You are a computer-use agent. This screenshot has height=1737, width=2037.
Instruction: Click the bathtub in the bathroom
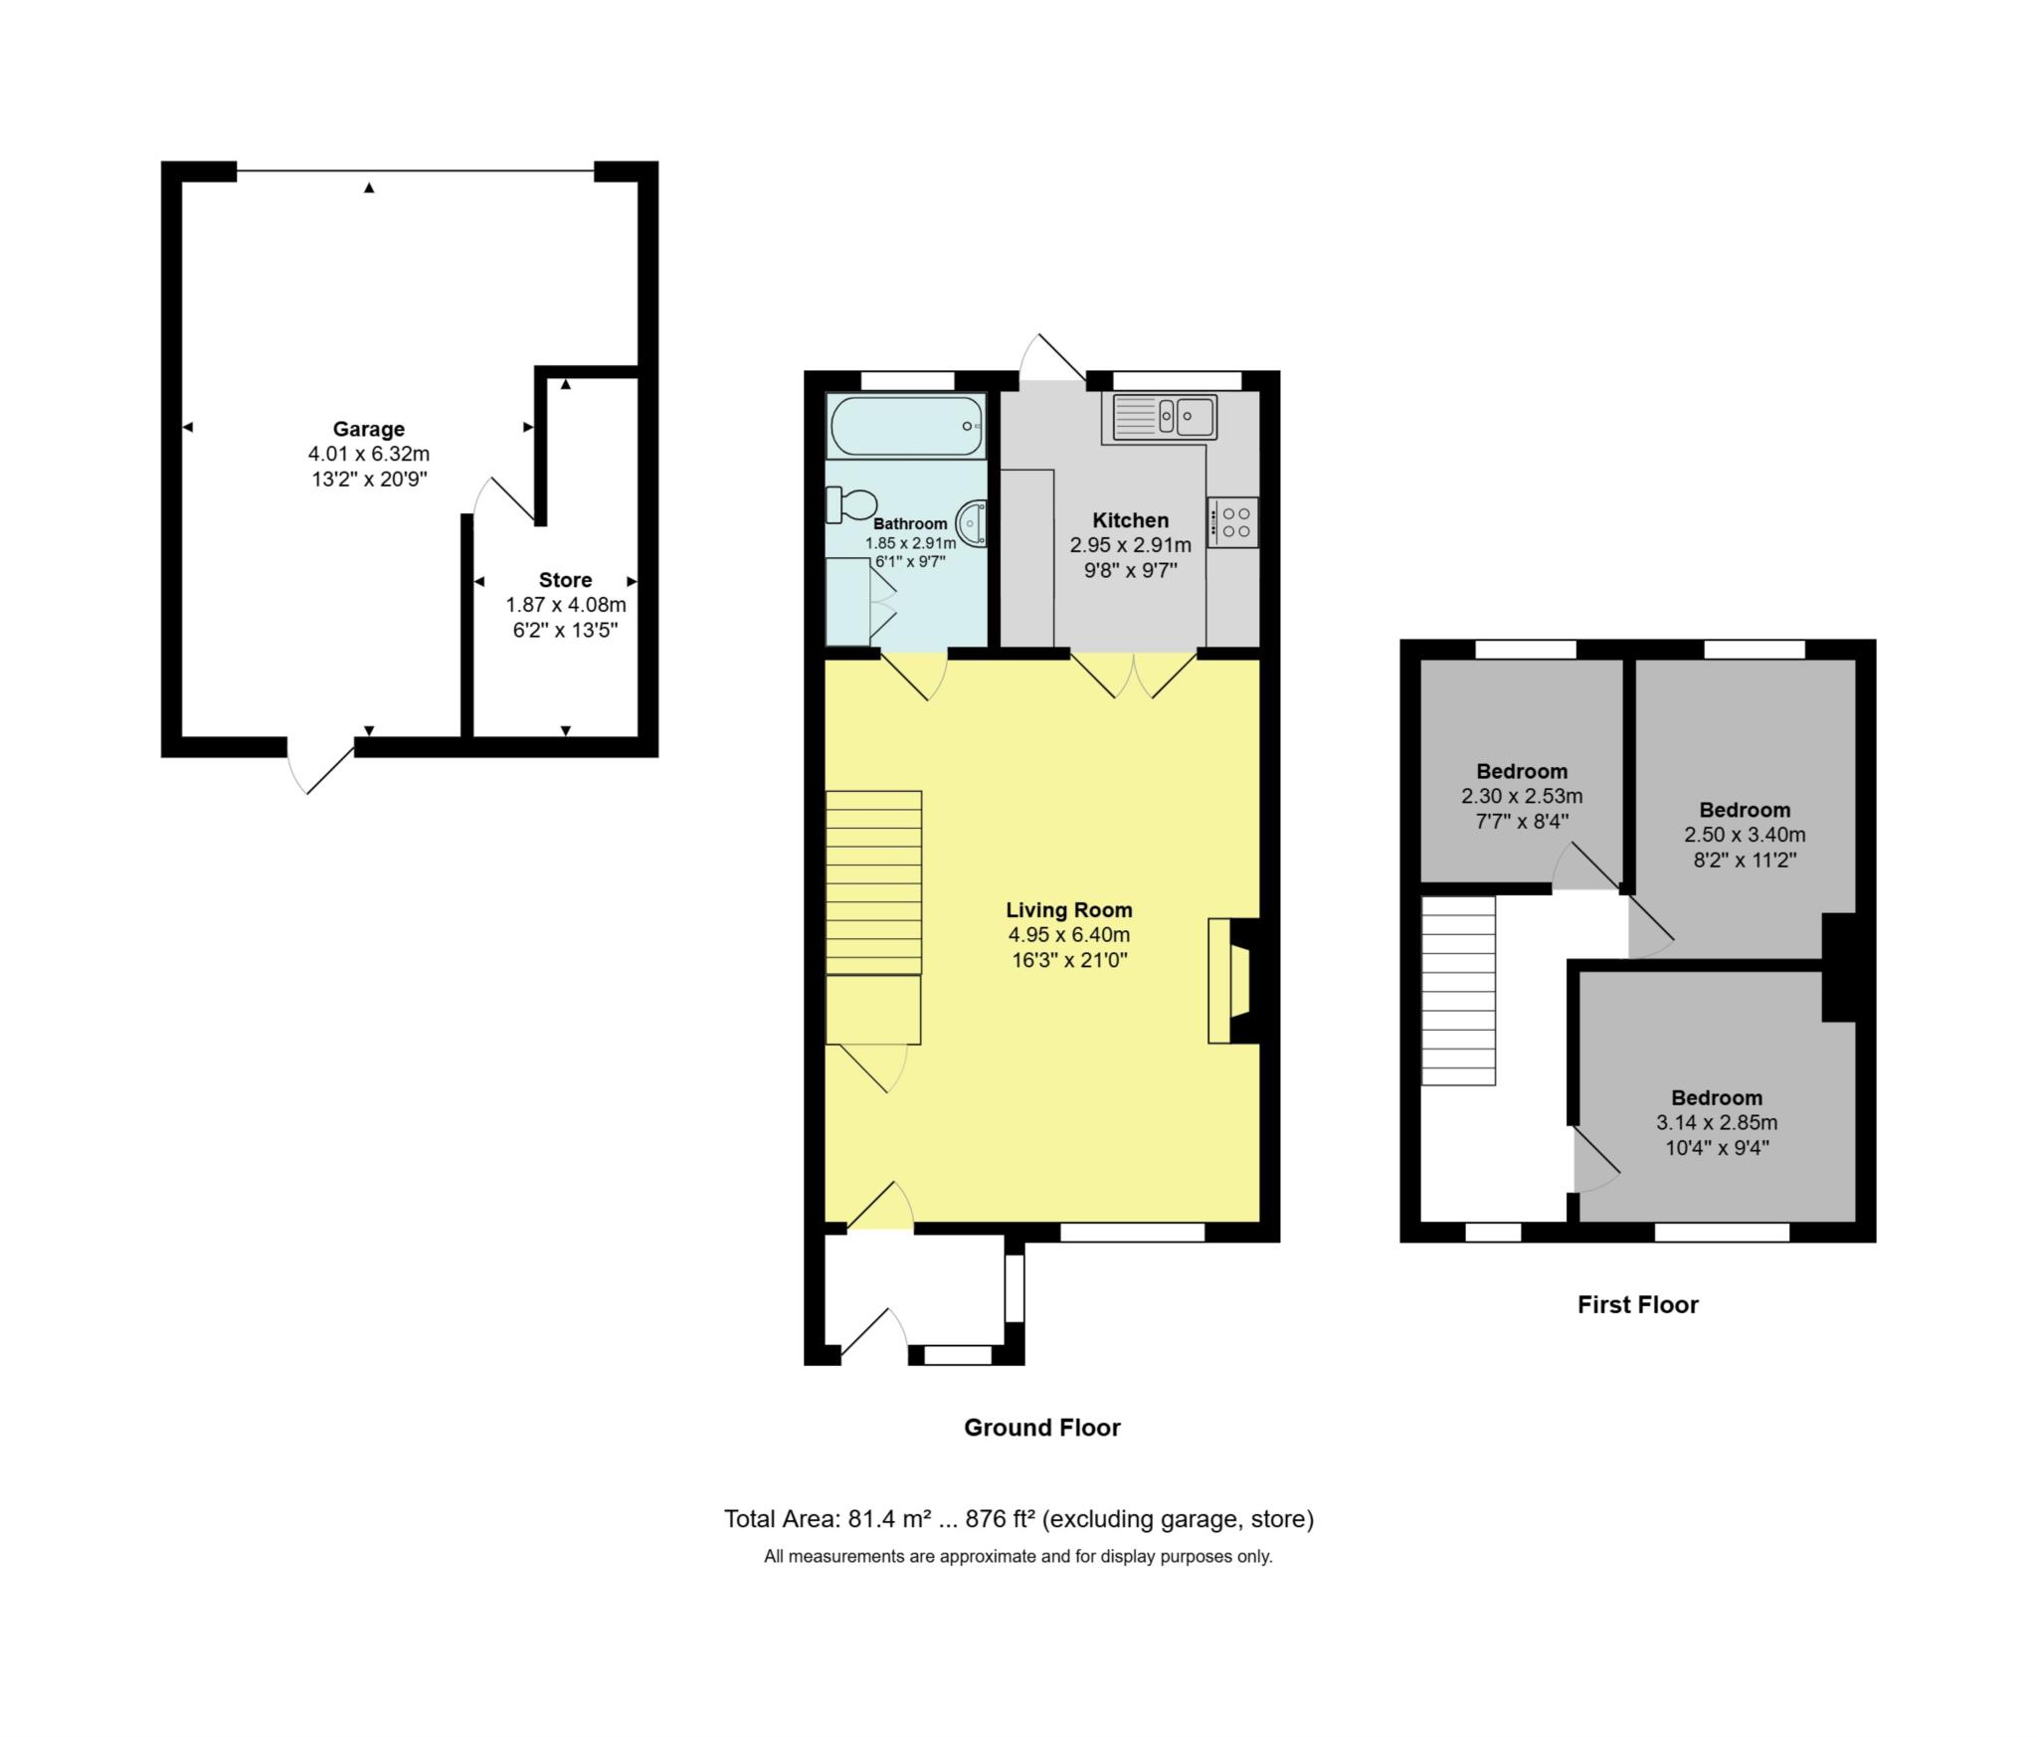tap(905, 426)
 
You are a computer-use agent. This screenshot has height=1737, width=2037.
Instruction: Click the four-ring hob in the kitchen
tap(1234, 522)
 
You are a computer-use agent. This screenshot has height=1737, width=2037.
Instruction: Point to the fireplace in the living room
tap(1233, 981)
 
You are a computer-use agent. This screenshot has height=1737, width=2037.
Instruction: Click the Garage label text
tap(368, 429)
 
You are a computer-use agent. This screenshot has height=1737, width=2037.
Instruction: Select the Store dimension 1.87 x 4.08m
tap(565, 605)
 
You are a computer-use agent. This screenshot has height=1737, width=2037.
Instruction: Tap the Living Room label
tap(1068, 909)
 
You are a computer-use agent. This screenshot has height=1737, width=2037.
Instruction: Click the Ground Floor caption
tap(1041, 1428)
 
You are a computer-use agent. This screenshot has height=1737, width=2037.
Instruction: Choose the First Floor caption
tap(1637, 1304)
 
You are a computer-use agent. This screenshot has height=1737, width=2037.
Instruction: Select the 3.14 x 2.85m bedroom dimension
tap(1716, 1123)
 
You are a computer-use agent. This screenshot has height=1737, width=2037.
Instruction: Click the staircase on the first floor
tap(1458, 990)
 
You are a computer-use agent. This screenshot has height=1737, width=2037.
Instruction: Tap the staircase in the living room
tap(873, 882)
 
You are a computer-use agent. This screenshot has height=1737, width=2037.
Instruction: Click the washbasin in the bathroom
tap(972, 523)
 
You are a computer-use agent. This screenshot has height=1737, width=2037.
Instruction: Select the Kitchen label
tap(1130, 520)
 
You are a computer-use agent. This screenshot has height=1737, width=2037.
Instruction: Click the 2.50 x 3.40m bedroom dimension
tap(1744, 835)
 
